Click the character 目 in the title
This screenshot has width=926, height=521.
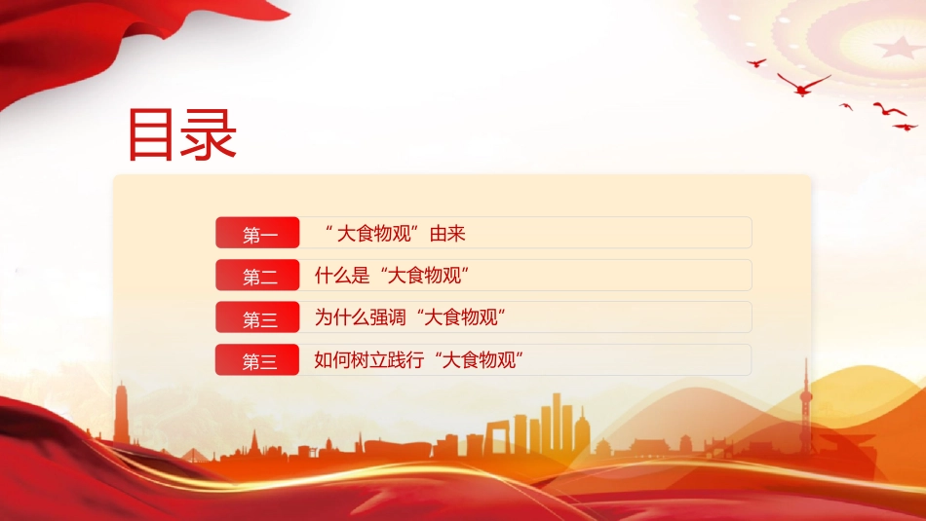coord(150,134)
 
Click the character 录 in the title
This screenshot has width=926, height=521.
coord(209,134)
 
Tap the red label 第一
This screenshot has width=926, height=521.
coord(257,233)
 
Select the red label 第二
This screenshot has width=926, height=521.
coord(257,275)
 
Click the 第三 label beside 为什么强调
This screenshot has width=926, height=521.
coord(257,317)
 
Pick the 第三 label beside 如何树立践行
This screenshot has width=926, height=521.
coord(257,360)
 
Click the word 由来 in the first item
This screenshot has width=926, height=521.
coord(447,234)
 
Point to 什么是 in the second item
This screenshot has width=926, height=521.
coord(342,276)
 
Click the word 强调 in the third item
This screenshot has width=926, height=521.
coord(387,318)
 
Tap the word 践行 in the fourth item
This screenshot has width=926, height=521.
coord(405,360)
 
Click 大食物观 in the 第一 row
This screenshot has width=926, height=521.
coord(373,234)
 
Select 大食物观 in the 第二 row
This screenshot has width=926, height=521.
coord(425,276)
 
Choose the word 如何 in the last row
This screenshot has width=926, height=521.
coord(332,360)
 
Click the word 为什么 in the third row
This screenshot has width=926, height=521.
coord(342,318)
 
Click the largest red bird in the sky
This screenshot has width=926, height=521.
coord(803,85)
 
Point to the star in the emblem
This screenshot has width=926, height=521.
coord(897,47)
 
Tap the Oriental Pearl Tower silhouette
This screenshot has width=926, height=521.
coord(806,406)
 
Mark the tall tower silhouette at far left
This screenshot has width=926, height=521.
coord(122,412)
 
